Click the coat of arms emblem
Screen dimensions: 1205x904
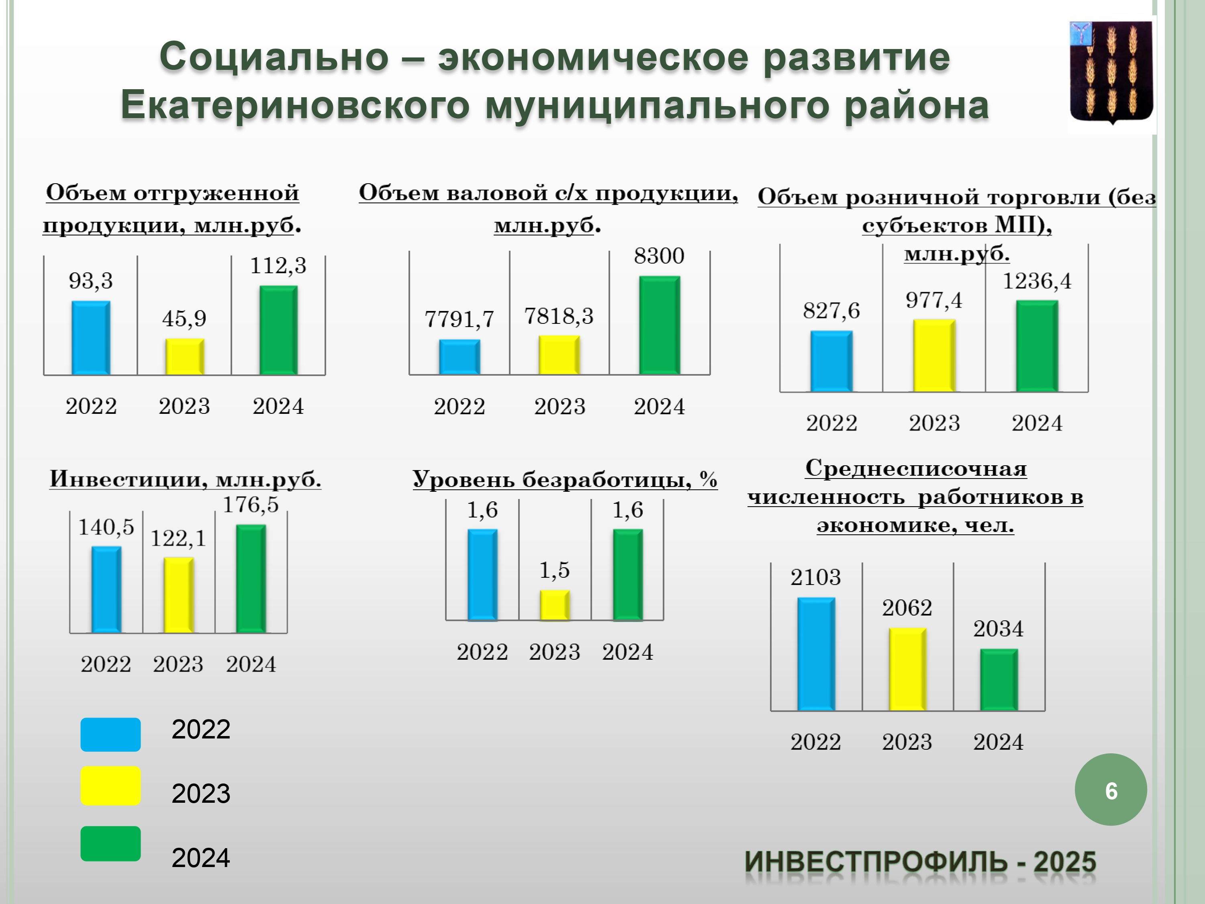point(1111,72)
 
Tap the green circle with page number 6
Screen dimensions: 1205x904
point(1111,789)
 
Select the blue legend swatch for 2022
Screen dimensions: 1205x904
point(110,734)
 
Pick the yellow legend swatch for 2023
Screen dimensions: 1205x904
point(110,786)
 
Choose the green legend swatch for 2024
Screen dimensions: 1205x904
point(110,843)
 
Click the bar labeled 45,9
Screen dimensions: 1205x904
point(185,356)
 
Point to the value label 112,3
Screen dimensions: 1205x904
point(278,266)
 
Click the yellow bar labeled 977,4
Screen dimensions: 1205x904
point(934,355)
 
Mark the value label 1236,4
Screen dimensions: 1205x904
point(1037,281)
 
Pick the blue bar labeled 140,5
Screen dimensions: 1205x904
point(106,589)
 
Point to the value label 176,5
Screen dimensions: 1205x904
point(251,505)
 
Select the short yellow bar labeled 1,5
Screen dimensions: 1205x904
point(555,605)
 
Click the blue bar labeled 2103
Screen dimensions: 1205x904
point(816,654)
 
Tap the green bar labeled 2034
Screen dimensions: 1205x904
point(999,679)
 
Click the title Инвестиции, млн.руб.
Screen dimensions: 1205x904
point(185,479)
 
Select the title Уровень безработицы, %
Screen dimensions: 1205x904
point(565,479)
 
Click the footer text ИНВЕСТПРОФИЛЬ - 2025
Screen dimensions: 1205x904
point(921,861)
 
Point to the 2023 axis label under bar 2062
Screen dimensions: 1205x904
point(907,742)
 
